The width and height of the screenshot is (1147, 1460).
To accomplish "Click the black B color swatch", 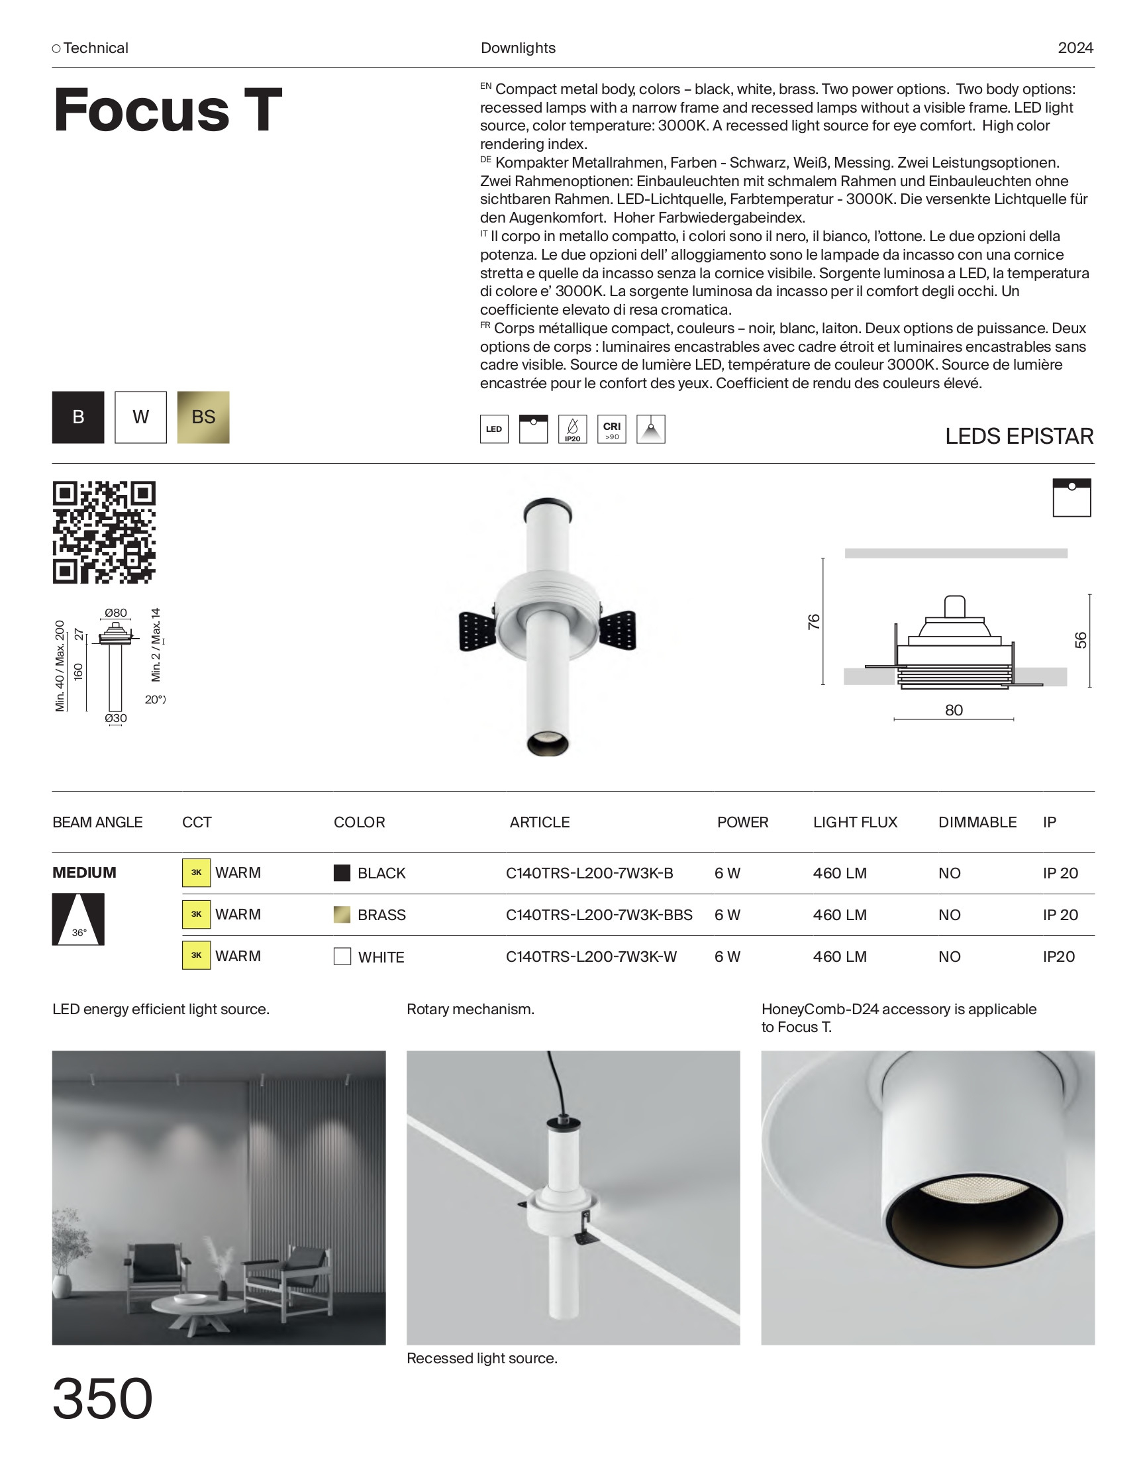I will (x=78, y=417).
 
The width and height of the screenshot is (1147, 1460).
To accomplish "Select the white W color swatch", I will (x=140, y=417).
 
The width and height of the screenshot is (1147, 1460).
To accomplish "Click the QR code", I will (x=104, y=532).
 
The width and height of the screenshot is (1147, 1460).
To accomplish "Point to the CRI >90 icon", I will (x=611, y=429).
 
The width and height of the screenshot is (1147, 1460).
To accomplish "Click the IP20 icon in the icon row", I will (x=572, y=429).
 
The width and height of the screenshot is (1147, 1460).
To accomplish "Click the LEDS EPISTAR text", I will (x=1019, y=437).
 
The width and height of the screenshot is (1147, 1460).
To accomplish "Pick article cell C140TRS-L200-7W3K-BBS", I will (x=599, y=915).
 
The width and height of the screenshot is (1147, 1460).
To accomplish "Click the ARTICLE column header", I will (x=539, y=822).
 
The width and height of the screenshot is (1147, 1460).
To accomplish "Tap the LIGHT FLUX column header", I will (x=855, y=822).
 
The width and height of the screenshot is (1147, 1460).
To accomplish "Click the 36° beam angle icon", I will (x=78, y=919).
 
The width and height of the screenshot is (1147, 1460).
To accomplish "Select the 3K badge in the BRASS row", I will (x=196, y=914).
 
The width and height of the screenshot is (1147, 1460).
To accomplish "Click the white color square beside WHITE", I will (x=342, y=957).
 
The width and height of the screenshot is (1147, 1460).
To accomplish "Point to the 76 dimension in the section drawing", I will (x=813, y=621).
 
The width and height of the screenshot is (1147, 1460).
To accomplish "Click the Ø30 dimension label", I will (x=115, y=718).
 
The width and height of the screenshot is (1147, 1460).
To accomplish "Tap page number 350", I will (x=102, y=1398).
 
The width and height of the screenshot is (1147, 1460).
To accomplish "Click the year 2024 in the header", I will (x=1075, y=48).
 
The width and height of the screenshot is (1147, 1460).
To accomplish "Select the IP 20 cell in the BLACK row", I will (x=1060, y=873).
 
